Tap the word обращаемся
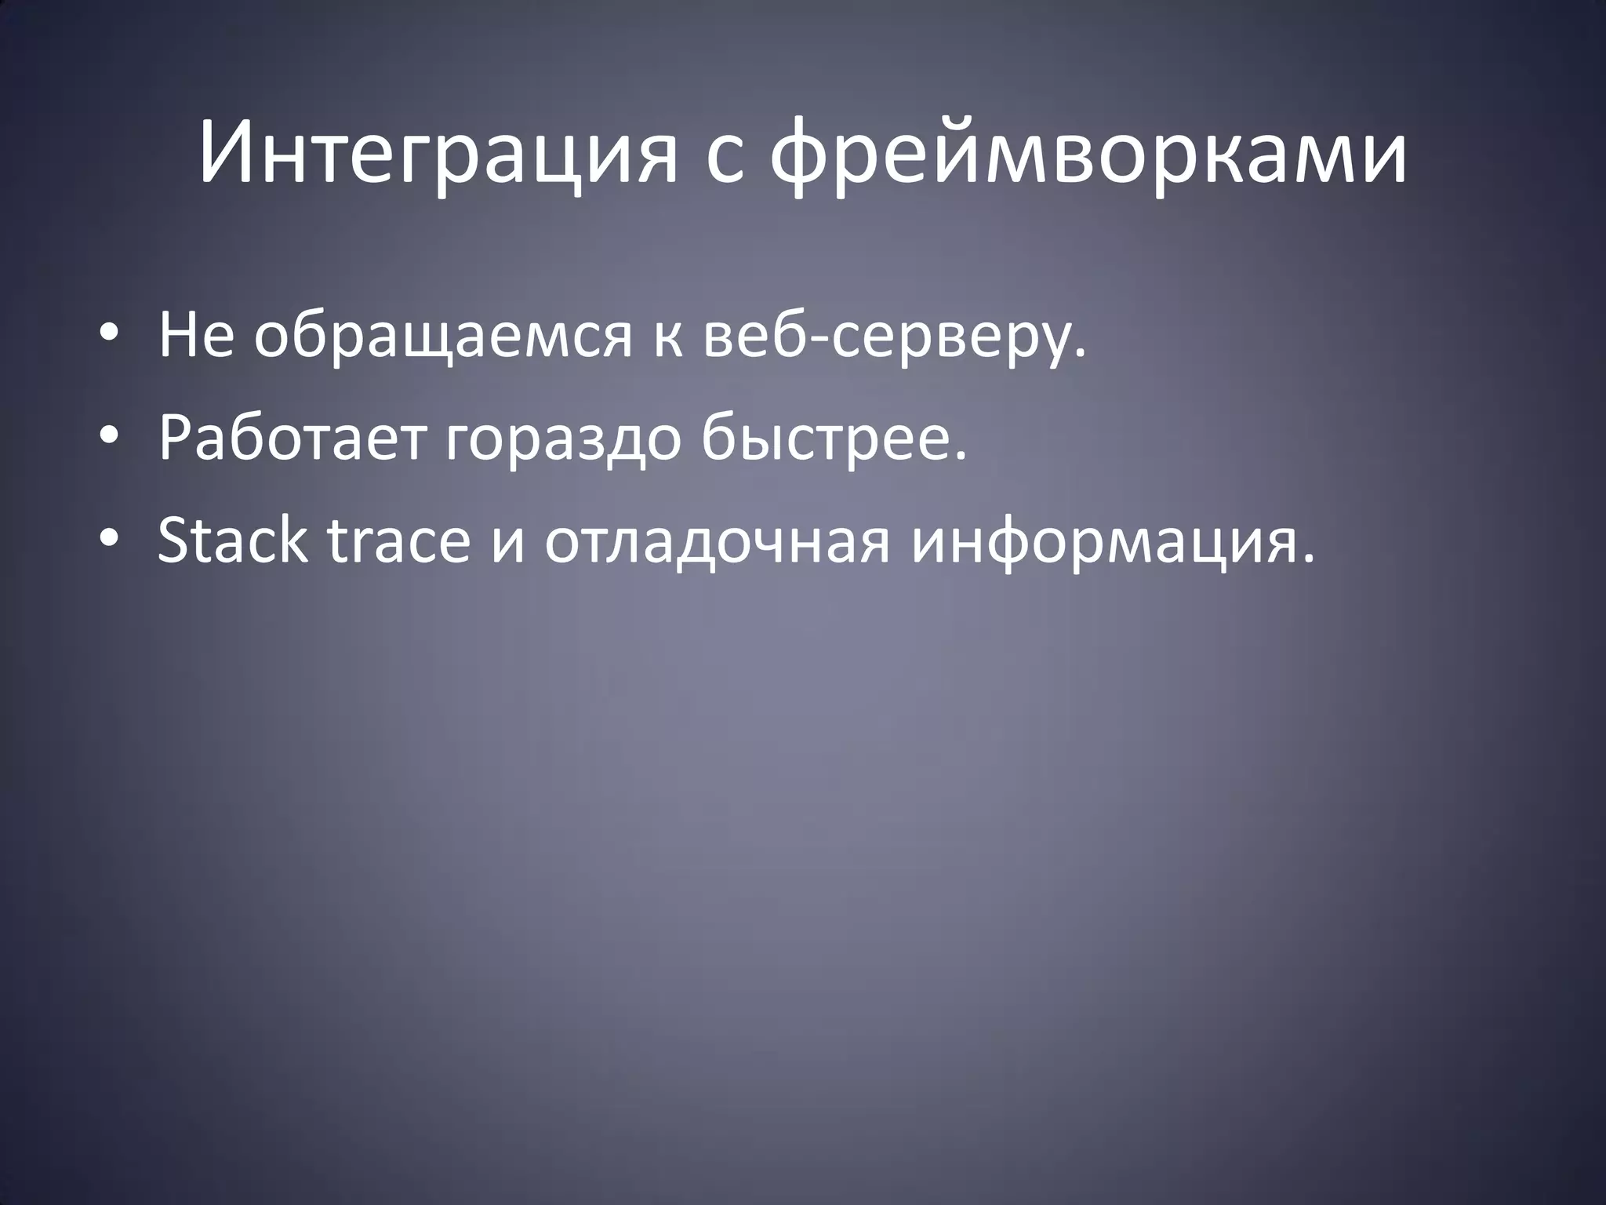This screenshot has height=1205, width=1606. pos(442,337)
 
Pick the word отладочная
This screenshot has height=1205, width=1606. pos(718,541)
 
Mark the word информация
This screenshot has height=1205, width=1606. pos(1103,541)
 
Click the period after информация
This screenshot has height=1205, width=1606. pos(1306,559)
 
